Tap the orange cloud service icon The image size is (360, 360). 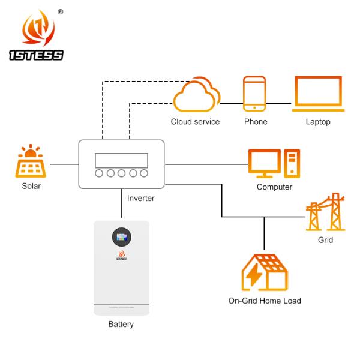(196, 96)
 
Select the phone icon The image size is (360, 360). (254, 94)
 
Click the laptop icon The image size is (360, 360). (318, 95)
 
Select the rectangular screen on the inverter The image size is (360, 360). (121, 160)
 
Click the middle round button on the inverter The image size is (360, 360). (121, 175)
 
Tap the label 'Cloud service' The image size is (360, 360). (195, 122)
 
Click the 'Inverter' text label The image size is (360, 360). (140, 198)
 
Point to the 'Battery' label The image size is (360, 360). (121, 325)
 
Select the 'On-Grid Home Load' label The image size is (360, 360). (265, 301)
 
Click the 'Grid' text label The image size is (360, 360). (325, 240)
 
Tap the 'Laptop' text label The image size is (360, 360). (317, 122)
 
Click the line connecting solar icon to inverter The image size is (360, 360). (63, 163)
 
